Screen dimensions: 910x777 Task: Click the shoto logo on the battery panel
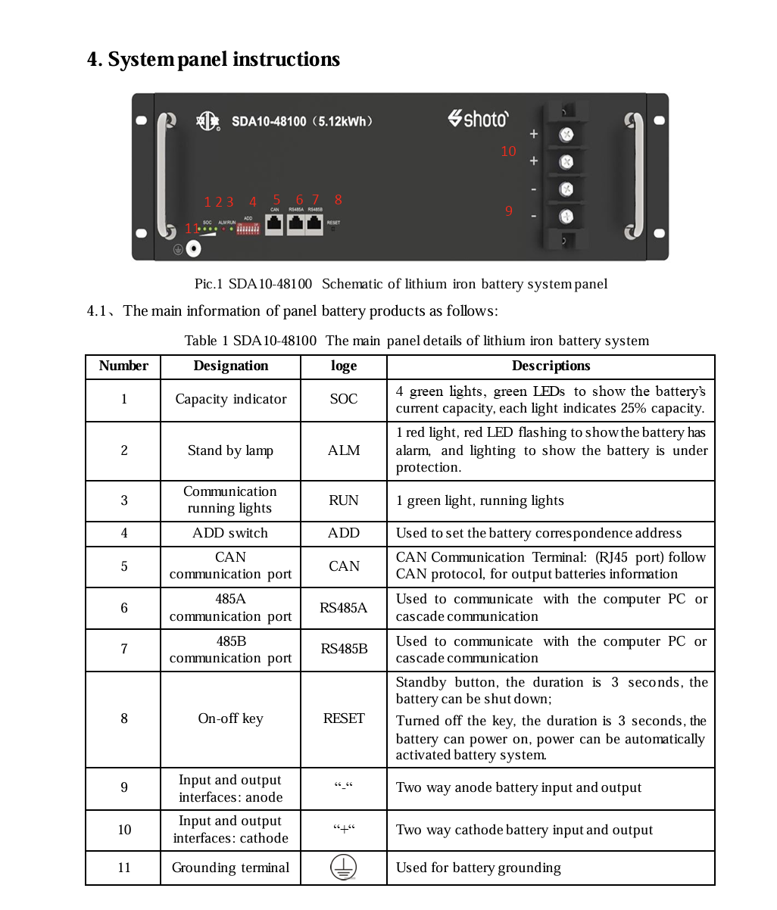click(x=478, y=118)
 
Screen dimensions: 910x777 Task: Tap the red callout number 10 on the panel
click(x=508, y=151)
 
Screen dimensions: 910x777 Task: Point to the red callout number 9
click(x=509, y=211)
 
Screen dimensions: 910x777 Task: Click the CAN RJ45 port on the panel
click(x=274, y=224)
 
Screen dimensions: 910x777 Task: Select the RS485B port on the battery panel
click(x=314, y=224)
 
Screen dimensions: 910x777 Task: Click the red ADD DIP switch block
click(x=248, y=228)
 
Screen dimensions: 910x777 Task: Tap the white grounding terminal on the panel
click(x=193, y=248)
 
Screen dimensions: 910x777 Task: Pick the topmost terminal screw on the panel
click(x=565, y=135)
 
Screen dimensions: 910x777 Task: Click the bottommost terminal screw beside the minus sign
click(x=565, y=217)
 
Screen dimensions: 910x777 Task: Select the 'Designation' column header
click(x=230, y=366)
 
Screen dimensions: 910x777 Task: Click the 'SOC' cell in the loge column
click(x=343, y=400)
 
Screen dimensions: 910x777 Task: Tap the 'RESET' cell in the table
click(x=343, y=719)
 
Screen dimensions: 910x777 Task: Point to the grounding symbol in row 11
click(x=343, y=868)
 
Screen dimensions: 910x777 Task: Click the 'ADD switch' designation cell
click(x=230, y=534)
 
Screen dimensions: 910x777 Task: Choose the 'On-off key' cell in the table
click(x=230, y=719)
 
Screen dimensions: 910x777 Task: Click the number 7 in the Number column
click(x=123, y=650)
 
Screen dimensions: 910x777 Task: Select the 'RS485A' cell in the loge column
click(x=343, y=608)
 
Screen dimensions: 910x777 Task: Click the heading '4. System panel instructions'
click(x=214, y=60)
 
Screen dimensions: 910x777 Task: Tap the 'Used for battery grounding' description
click(x=478, y=868)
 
